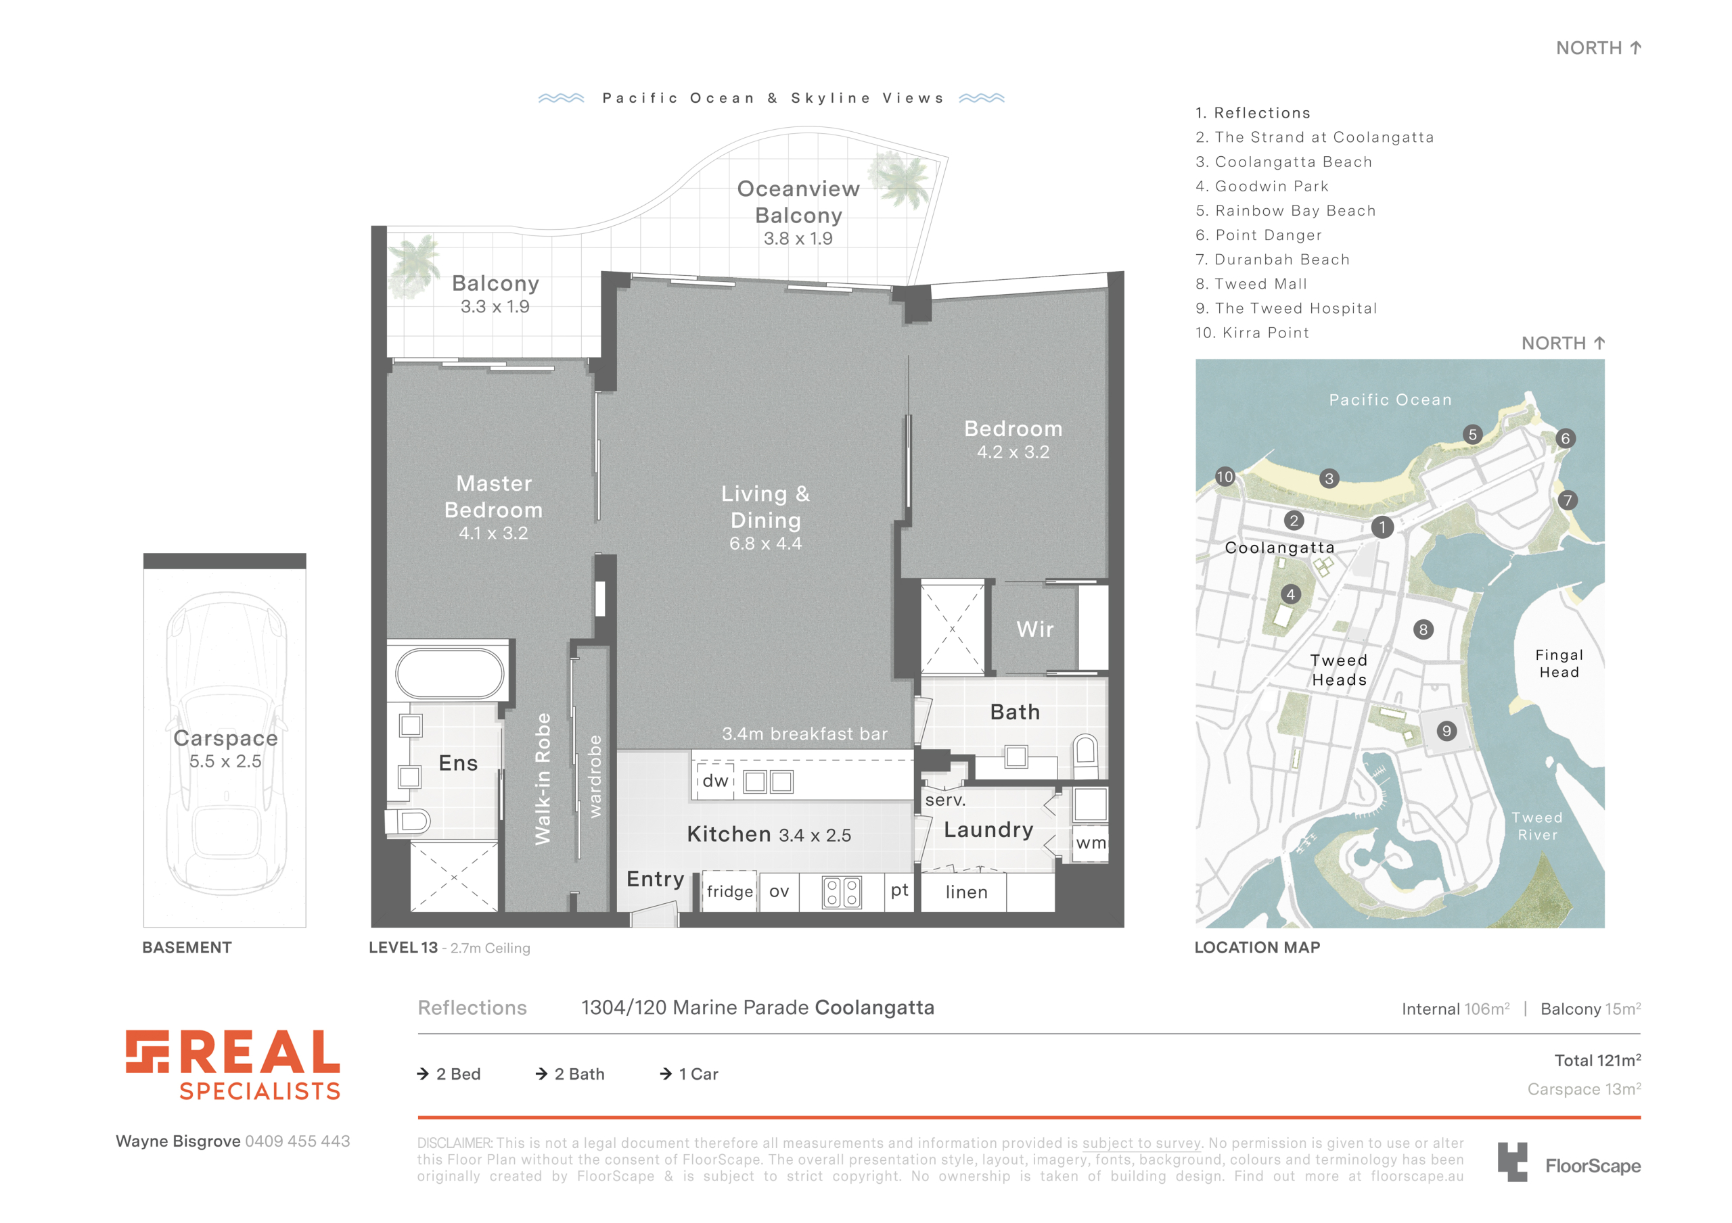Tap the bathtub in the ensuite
click(x=450, y=673)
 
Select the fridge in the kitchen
click(x=729, y=891)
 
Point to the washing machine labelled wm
click(x=1091, y=843)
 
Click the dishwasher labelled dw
click(x=715, y=781)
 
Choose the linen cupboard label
click(x=966, y=892)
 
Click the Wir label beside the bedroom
click(x=1035, y=629)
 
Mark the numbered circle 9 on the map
click(x=1446, y=731)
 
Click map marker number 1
click(x=1382, y=527)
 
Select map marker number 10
click(x=1225, y=477)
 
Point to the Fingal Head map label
click(x=1559, y=663)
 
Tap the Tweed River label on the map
click(x=1537, y=826)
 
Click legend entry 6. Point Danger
click(x=1258, y=235)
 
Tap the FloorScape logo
click(x=1569, y=1163)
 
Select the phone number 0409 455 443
click(x=297, y=1142)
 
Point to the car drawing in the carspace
click(x=225, y=743)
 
